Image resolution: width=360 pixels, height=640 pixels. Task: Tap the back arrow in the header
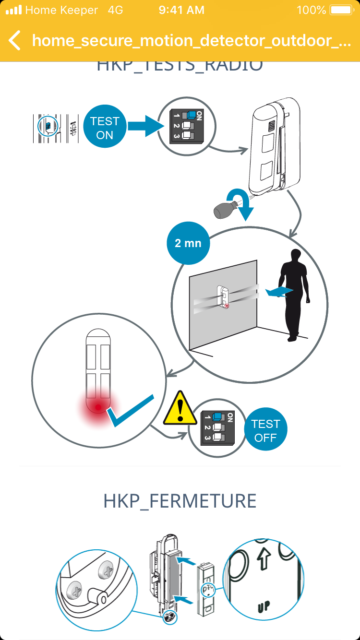point(15,40)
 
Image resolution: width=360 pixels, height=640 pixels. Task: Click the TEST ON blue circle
point(104,128)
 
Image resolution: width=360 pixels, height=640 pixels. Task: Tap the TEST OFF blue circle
point(265,430)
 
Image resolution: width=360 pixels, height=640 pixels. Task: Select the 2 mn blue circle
point(188,243)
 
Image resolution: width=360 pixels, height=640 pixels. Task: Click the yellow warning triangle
point(180,409)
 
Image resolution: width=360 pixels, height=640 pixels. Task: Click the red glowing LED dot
point(98,407)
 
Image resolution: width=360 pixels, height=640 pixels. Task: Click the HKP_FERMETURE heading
point(180,501)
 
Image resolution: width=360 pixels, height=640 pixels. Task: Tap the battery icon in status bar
point(341,10)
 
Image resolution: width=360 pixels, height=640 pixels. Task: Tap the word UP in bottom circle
point(263,606)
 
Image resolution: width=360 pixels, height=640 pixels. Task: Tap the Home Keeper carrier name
point(61,10)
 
